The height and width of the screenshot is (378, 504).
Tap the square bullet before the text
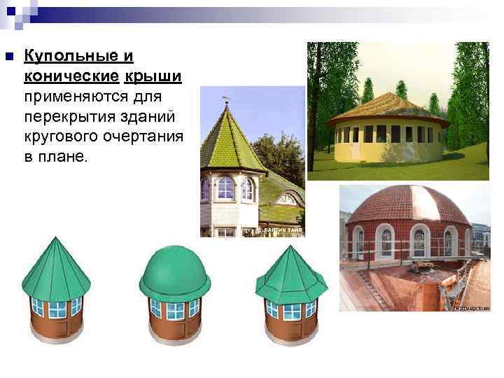pyautogui.click(x=8, y=57)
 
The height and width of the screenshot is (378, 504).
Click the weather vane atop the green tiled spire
pyautogui.click(x=226, y=99)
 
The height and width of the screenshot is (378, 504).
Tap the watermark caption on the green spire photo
pyautogui.click(x=283, y=230)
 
